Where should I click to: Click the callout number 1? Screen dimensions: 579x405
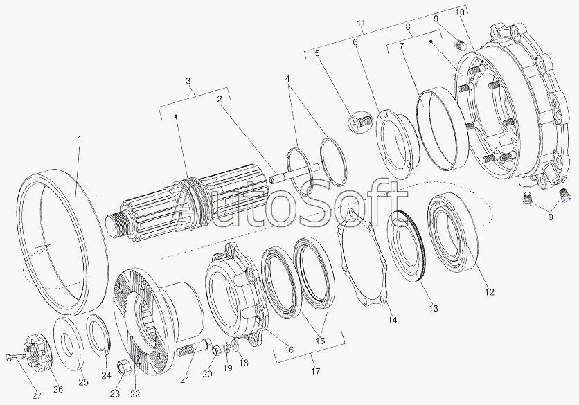coord(79,139)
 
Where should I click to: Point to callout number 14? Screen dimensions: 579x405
coord(393,319)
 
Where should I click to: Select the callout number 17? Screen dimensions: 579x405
coord(315,372)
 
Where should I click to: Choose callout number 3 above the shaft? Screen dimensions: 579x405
coord(188,82)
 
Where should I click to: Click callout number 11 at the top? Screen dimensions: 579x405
coord(361,24)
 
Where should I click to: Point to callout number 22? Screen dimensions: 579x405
coord(135,394)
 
